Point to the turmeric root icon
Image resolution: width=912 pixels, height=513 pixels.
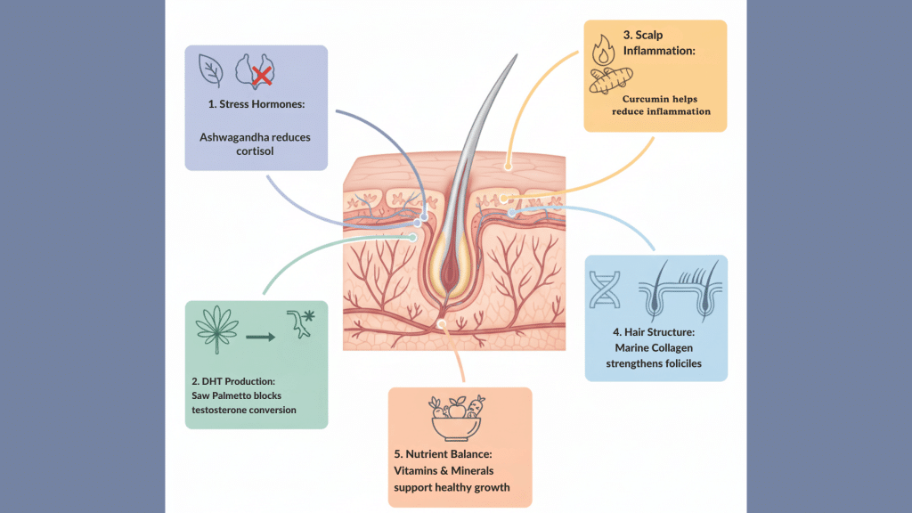[x=613, y=83]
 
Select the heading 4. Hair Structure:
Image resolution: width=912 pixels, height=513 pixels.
[x=655, y=331]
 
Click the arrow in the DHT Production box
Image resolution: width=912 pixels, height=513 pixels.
[x=259, y=338]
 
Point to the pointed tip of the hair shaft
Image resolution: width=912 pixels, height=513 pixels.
[x=515, y=58]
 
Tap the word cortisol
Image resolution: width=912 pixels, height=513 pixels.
[x=256, y=152]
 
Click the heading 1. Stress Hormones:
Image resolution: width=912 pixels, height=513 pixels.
[x=256, y=104]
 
